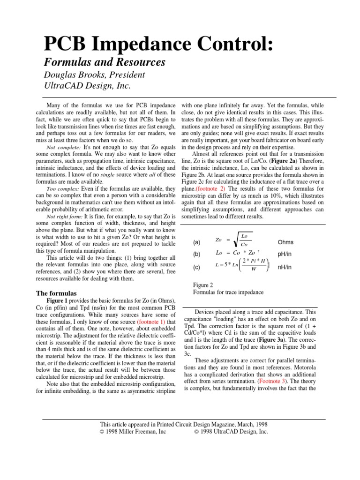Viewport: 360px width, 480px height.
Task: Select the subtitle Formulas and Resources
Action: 105,62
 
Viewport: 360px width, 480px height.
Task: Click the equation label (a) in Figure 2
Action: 197,242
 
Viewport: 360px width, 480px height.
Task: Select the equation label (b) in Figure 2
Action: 197,255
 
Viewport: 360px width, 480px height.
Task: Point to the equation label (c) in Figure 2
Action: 197,267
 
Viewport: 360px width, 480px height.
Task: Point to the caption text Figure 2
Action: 203,285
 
